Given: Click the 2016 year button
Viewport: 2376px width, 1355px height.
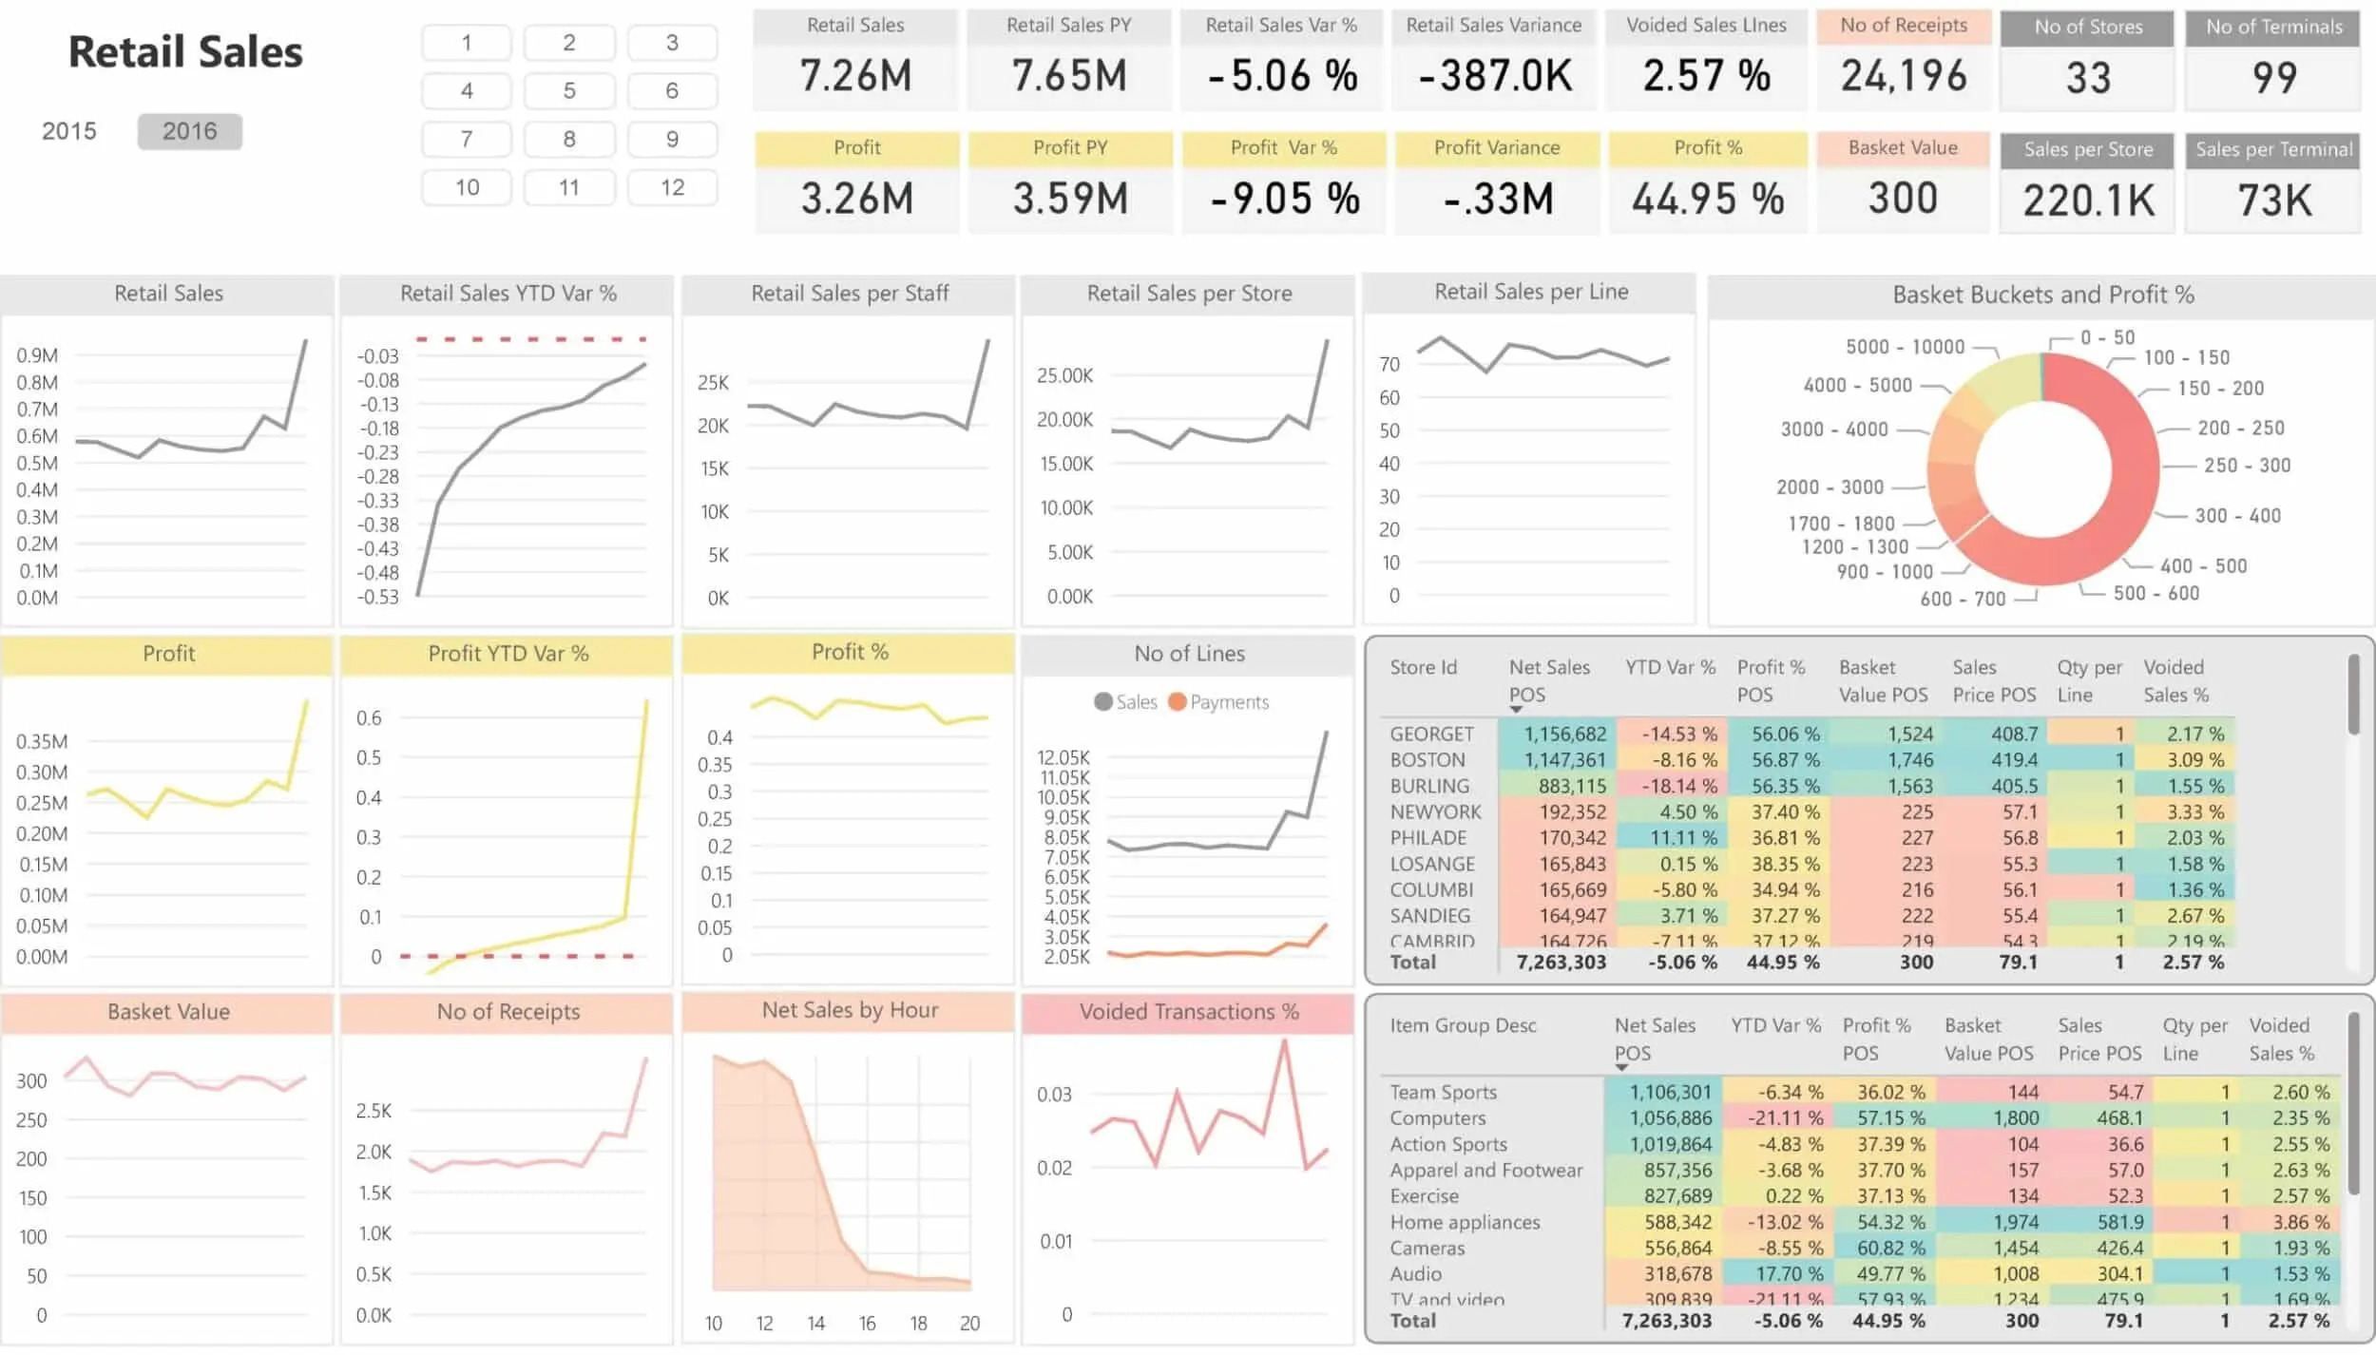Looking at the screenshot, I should point(189,131).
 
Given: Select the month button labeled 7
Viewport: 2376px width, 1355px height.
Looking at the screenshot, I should point(466,140).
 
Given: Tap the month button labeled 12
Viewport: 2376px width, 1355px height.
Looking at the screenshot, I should point(672,188).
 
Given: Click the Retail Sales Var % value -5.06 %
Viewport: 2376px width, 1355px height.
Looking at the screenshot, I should point(1282,76).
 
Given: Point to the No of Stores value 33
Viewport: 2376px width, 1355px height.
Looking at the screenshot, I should point(2087,78).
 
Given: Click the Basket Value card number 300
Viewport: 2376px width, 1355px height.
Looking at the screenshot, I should point(1902,199).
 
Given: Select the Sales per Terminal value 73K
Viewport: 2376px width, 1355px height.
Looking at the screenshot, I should point(2273,200).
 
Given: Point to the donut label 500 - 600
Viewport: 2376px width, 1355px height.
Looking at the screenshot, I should point(2156,593).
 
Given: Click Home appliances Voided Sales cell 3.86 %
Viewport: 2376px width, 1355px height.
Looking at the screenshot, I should point(2300,1222).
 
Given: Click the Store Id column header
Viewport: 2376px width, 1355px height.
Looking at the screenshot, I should point(1423,667).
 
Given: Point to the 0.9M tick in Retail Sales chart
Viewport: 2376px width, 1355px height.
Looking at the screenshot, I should point(37,355).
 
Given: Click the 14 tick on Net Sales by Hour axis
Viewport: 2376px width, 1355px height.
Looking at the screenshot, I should point(815,1323).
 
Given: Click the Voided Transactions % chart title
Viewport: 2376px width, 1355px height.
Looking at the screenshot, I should point(1188,1012).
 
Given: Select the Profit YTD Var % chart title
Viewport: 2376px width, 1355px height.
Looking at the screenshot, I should point(508,654).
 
